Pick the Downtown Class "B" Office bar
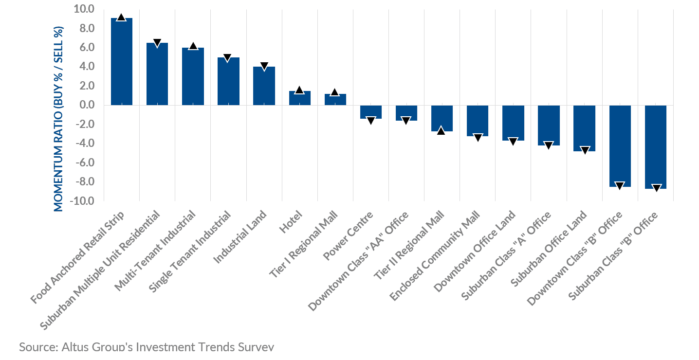[620, 146]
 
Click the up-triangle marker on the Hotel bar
[299, 90]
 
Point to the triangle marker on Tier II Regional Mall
[441, 130]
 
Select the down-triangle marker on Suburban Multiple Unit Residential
[157, 43]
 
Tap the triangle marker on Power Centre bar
[370, 120]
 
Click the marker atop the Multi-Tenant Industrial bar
[193, 46]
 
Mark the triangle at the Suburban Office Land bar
[584, 150]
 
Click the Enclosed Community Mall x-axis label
[437, 252]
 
